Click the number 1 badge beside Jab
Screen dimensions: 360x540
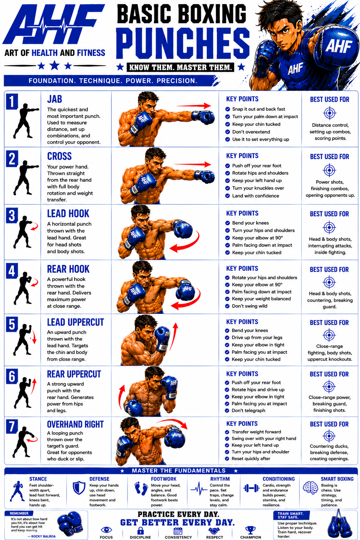point(12,102)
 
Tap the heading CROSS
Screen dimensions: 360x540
point(59,156)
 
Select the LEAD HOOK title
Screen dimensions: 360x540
point(68,214)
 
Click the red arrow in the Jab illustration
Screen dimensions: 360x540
point(193,105)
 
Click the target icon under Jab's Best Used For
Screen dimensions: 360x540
point(330,113)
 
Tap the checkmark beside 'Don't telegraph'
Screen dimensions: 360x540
point(227,411)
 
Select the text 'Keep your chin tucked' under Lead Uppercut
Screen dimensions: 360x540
point(256,359)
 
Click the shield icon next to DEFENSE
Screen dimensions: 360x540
point(79,488)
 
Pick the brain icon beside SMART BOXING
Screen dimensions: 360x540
point(310,488)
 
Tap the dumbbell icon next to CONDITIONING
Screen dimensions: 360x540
point(251,488)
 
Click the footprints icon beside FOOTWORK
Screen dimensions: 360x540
point(141,488)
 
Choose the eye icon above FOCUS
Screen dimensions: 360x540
point(106,530)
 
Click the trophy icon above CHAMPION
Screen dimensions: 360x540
point(251,530)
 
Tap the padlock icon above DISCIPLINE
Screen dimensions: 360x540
point(141,531)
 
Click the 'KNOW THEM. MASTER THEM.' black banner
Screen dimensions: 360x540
point(180,67)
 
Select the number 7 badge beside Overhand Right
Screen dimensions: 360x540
point(12,426)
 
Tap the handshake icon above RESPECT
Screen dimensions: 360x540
point(214,531)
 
